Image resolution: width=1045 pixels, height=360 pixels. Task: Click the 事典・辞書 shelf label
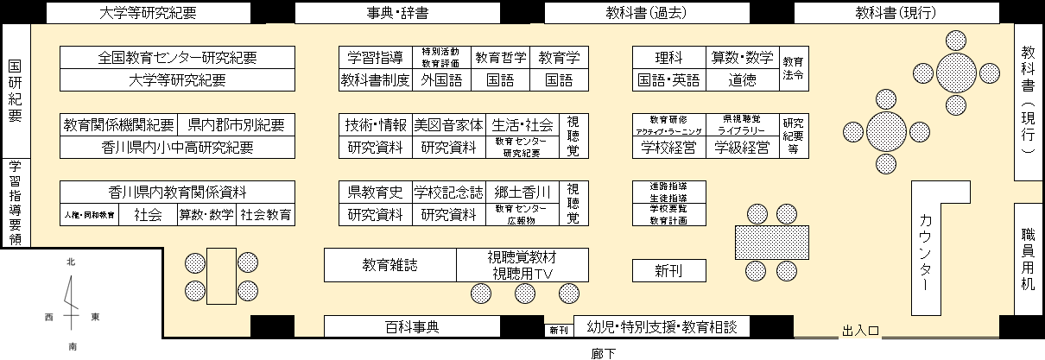398,13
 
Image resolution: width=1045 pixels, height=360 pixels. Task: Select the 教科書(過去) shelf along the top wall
646,13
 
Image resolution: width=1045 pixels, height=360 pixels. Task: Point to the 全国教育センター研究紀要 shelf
178,58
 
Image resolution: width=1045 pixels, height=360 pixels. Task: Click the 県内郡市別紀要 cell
236,124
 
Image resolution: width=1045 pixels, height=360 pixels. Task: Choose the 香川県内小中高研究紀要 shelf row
178,147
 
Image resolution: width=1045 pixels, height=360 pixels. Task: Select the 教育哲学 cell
500,58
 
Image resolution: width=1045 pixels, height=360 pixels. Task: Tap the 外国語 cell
441,80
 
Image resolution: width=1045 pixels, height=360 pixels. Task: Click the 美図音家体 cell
448,124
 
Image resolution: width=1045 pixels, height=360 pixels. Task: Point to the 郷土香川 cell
522,192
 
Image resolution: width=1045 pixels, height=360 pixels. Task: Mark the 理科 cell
669,58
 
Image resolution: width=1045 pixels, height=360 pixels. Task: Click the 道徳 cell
742,80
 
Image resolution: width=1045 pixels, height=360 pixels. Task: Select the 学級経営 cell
742,147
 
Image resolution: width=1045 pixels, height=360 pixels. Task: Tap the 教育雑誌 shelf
389,265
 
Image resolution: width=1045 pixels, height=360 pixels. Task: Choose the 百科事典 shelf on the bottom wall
412,327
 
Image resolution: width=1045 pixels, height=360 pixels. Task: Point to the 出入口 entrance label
860,331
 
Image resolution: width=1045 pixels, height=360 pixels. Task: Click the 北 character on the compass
72,261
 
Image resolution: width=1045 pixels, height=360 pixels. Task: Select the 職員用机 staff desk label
1028,258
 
